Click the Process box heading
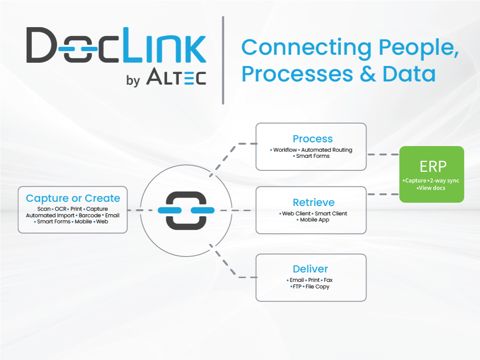tap(312, 139)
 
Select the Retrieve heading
tap(313, 203)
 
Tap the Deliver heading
tap(310, 269)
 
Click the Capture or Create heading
tap(73, 198)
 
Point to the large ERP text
tap(433, 167)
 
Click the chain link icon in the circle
tap(186, 211)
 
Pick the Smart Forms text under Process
tap(313, 156)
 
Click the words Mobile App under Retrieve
tap(315, 220)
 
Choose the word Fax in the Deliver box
tap(328, 280)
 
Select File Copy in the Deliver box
tap(318, 287)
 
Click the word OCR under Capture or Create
tap(61, 209)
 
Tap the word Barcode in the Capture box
tap(89, 215)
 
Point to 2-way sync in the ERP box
tap(444, 181)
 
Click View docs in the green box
tap(432, 188)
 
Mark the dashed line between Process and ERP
tap(383, 154)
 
